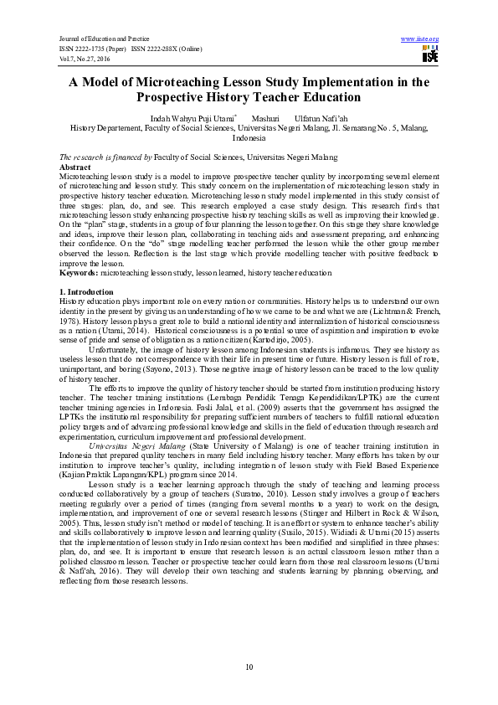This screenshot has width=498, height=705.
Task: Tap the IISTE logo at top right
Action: pos(429,54)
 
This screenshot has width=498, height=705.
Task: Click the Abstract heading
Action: pos(75,167)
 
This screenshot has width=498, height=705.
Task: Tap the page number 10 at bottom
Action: pos(249,666)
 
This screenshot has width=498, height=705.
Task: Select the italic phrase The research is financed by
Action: pos(105,157)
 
